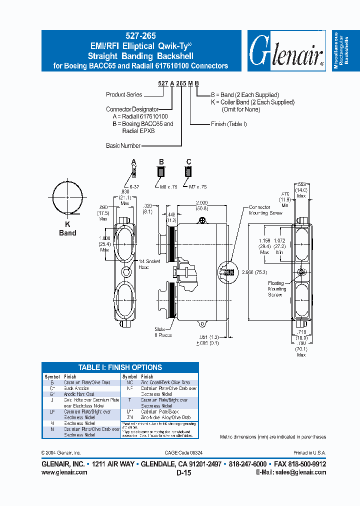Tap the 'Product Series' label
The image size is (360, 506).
(124, 94)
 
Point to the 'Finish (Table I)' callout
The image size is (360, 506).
(229, 124)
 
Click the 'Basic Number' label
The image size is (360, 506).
(123, 146)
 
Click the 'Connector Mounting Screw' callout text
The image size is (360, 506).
(265, 210)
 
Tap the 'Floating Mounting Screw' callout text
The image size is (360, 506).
(276, 289)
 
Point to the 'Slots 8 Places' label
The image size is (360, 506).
(163, 332)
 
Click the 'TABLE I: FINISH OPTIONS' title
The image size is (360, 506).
(120, 367)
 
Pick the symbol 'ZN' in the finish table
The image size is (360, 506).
(129, 417)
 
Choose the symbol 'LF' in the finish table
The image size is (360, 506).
(52, 411)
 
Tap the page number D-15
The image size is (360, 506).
(183, 472)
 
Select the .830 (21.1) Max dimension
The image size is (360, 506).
(124, 197)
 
